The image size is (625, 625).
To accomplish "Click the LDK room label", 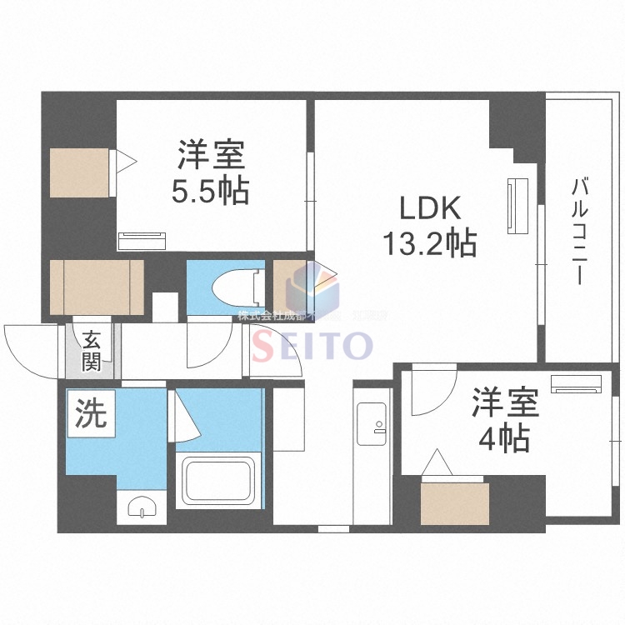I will [427, 207].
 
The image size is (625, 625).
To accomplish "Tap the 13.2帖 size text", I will [428, 242].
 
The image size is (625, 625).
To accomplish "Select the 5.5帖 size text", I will [210, 192].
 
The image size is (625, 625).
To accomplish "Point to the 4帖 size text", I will [505, 438].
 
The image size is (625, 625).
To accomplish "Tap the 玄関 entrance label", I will [91, 349].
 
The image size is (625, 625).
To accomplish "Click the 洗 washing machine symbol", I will [89, 413].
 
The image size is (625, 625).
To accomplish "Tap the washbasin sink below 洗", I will [141, 506].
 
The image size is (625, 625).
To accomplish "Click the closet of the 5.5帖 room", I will [78, 172].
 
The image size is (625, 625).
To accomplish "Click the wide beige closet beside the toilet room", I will [96, 287].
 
